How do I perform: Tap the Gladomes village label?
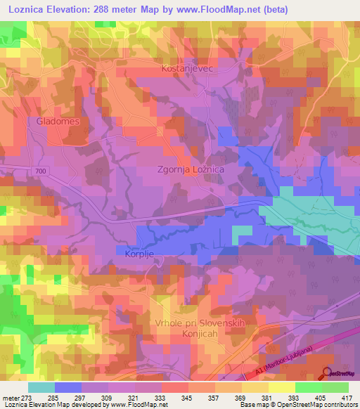tap(54, 121)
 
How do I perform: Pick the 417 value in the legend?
tap(347, 397)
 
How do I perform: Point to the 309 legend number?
tap(108, 397)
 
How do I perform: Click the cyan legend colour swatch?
tap(41, 387)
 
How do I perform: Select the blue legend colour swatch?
tap(67, 387)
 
